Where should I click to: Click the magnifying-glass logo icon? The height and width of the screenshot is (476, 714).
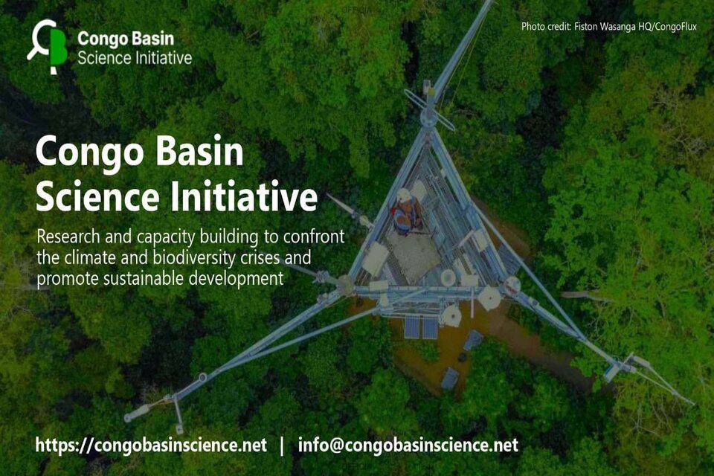48,46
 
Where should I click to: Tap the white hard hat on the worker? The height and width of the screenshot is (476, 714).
403,195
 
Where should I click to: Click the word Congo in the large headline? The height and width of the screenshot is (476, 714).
89,153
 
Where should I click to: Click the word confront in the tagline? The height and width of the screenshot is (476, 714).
314,237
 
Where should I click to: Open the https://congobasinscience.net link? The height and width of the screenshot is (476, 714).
151,445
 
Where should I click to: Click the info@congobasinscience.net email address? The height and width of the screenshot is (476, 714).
408,445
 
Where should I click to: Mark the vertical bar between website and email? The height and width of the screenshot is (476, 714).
282,446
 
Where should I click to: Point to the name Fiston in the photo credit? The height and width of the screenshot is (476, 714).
585,27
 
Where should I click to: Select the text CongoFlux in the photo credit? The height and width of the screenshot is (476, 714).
676,27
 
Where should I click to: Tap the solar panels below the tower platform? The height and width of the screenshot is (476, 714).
421,328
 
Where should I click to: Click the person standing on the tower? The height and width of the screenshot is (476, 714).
406,212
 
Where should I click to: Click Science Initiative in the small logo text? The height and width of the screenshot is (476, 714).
135,58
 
